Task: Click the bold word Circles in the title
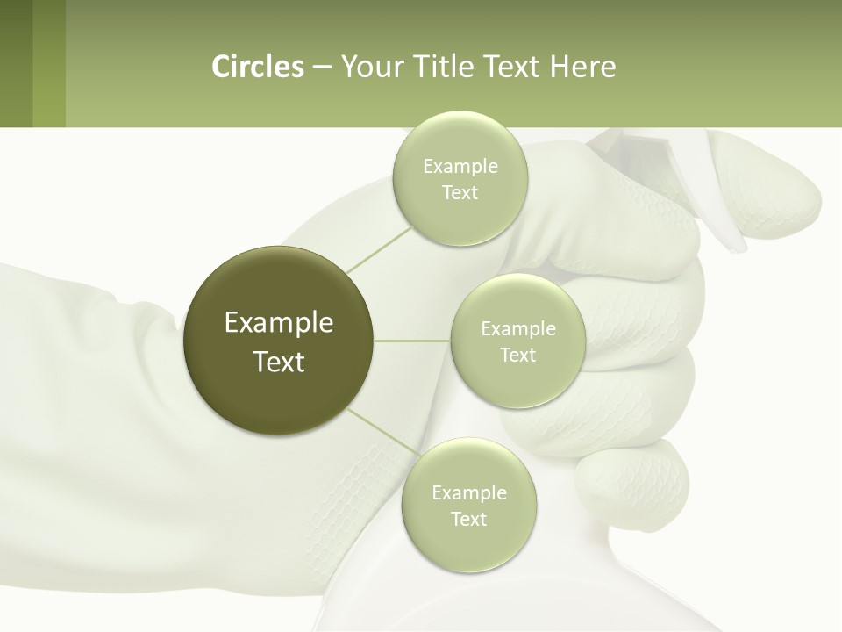[258, 67]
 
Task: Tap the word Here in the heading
[582, 67]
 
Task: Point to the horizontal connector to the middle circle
[412, 340]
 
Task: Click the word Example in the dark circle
[278, 323]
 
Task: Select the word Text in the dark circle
[278, 362]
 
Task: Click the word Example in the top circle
[460, 167]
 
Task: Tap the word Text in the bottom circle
[468, 520]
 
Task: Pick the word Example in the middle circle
[517, 329]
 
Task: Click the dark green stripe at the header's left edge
[16, 63]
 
